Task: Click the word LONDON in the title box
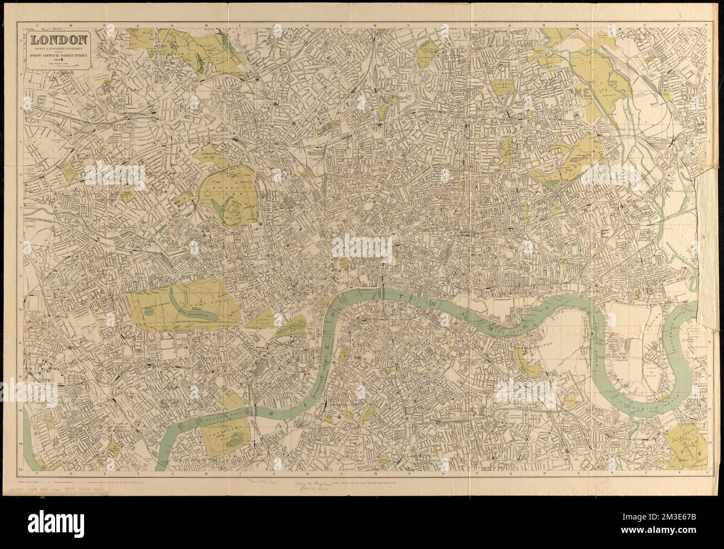(58, 39)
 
